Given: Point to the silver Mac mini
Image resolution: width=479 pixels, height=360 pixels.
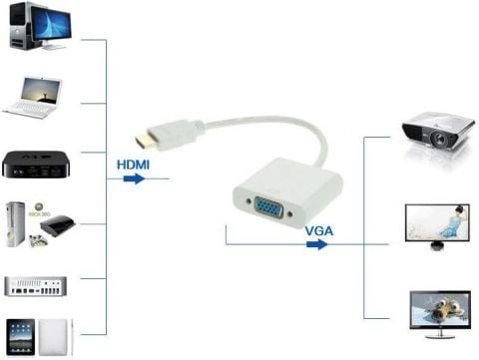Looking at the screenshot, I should pos(35,285).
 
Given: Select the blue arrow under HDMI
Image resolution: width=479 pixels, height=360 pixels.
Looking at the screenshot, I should pos(133,180).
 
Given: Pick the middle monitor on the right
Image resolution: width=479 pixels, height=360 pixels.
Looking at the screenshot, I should pos(437,225).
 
